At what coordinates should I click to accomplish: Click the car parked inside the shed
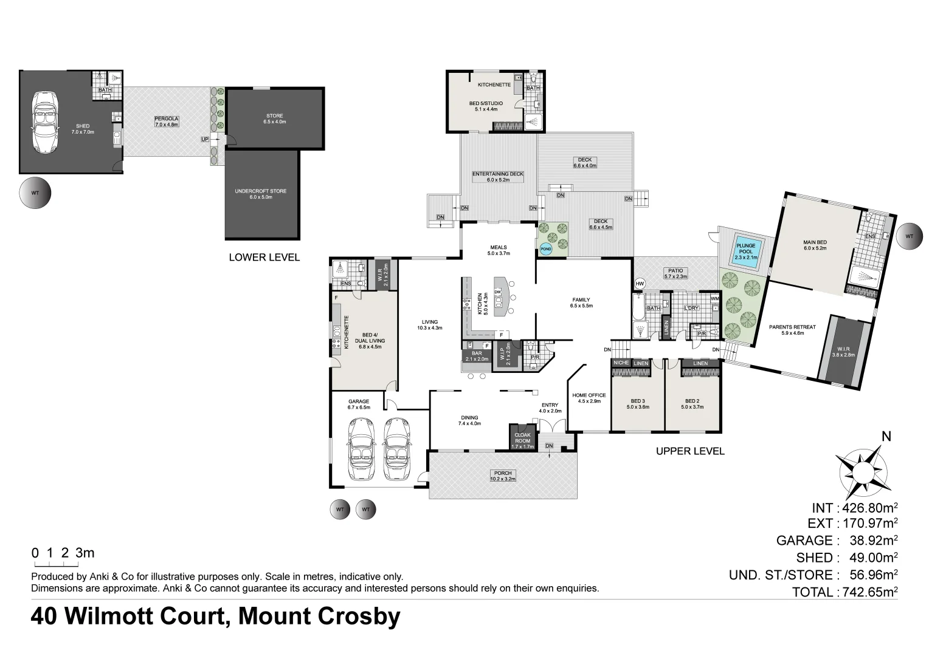pos(47,122)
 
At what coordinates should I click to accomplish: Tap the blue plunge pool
pos(745,251)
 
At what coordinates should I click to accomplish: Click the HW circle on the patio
pos(640,284)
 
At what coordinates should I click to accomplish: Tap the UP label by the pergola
pos(205,140)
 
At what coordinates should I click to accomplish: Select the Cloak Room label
pos(522,438)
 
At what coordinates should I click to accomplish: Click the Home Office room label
pos(589,398)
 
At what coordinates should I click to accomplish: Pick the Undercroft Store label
pos(260,194)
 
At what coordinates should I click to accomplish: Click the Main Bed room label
pos(815,245)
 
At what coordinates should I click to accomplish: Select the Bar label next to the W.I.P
pos(477,356)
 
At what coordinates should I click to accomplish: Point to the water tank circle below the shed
pos(35,193)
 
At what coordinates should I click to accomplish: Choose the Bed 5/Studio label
pos(486,106)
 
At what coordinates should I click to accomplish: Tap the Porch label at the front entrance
pos(503,476)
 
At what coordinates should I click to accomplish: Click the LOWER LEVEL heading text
pos(264,257)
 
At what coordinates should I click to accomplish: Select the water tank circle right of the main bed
pos(909,236)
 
